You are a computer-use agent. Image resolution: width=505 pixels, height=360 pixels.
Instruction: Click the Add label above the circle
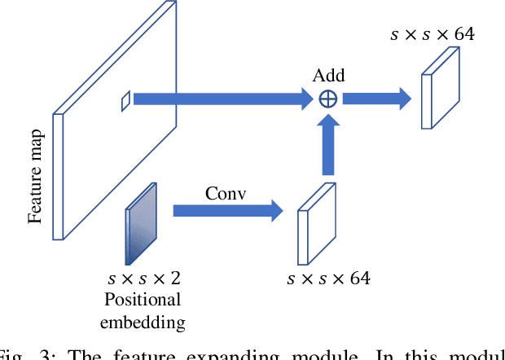(x=328, y=76)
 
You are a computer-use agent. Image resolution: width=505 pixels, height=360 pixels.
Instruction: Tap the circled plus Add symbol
(x=328, y=99)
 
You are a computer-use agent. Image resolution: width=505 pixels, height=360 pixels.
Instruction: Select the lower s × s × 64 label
(x=328, y=279)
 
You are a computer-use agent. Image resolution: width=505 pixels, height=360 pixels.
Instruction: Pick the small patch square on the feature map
(x=125, y=99)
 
